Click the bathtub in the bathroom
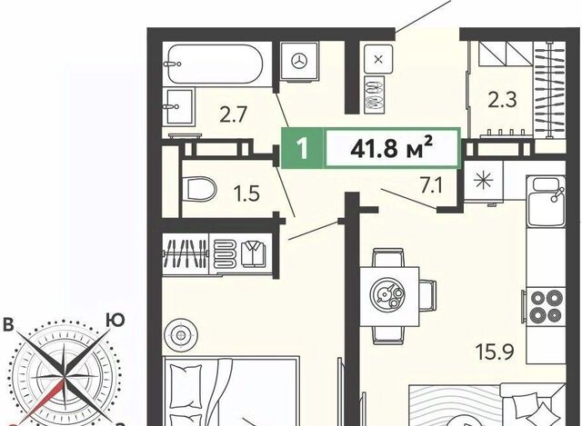pyautogui.click(x=215, y=64)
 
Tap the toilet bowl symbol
pyautogui.click(x=200, y=189)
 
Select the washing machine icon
pyautogui.click(x=299, y=61)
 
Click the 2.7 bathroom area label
pyautogui.click(x=233, y=114)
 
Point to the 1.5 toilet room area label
pyautogui.click(x=246, y=193)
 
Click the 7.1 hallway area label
pyautogui.click(x=431, y=185)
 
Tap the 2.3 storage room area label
pyautogui.click(x=502, y=99)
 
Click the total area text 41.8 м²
pyautogui.click(x=392, y=148)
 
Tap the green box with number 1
pyautogui.click(x=303, y=148)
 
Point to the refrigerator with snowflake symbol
pyautogui.click(x=484, y=182)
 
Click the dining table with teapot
pyautogui.click(x=389, y=295)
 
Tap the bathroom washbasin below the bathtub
pyautogui.click(x=179, y=106)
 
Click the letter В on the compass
pyautogui.click(x=8, y=324)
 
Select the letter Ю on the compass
pyautogui.click(x=115, y=320)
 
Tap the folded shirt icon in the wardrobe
pyautogui.click(x=254, y=253)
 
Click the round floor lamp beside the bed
pyautogui.click(x=181, y=335)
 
